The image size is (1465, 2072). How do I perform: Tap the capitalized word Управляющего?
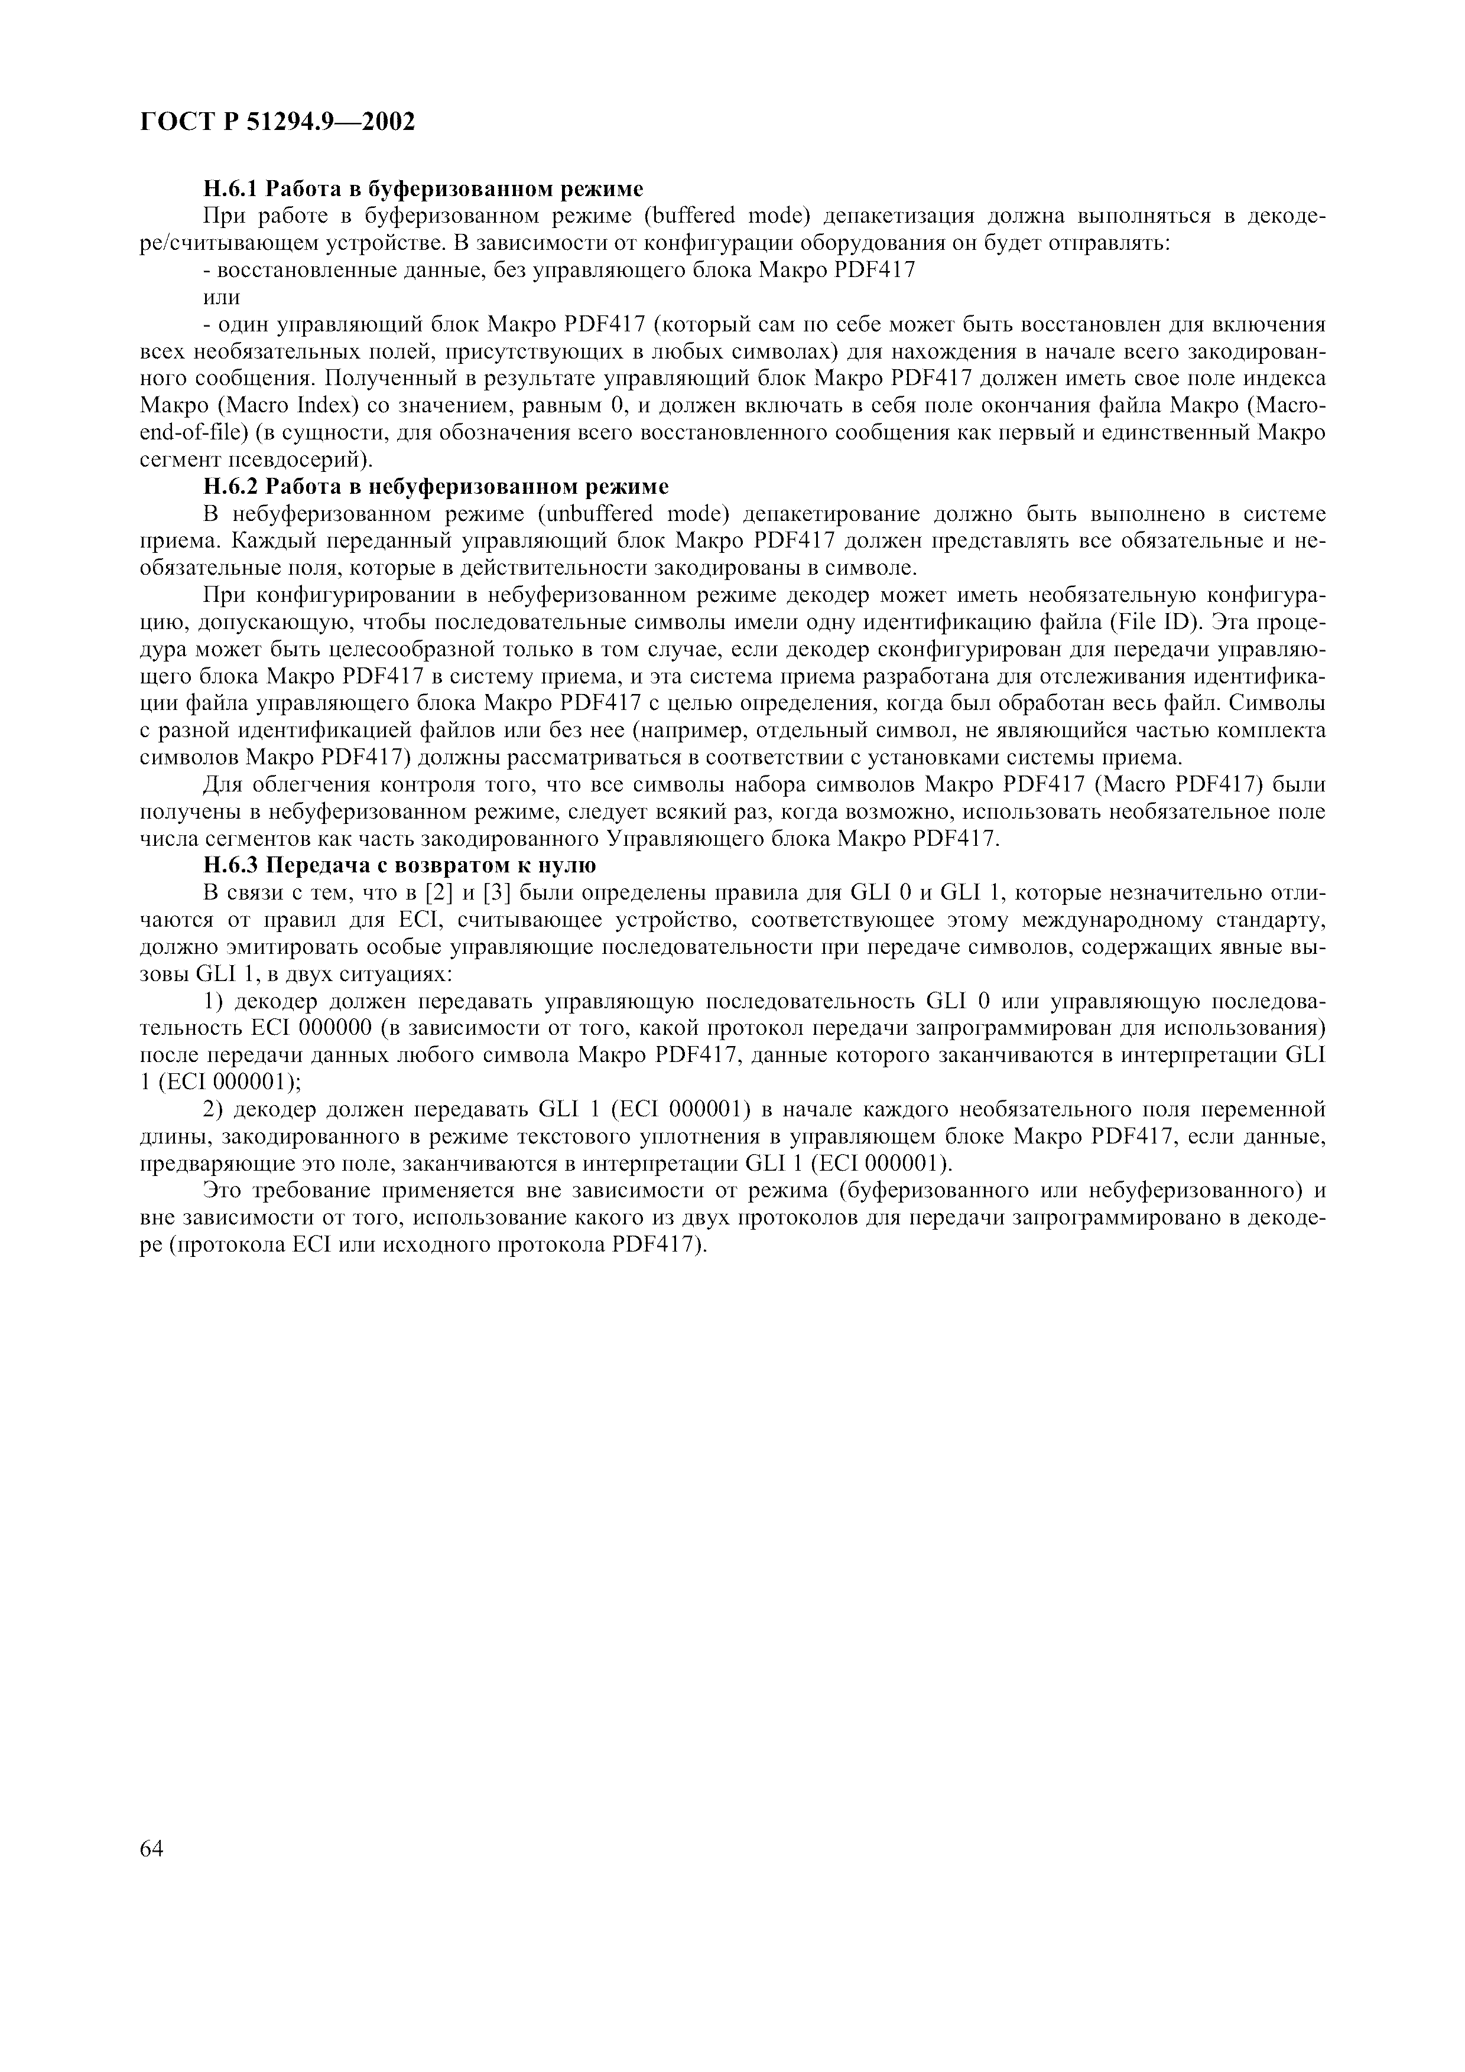click(x=686, y=838)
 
